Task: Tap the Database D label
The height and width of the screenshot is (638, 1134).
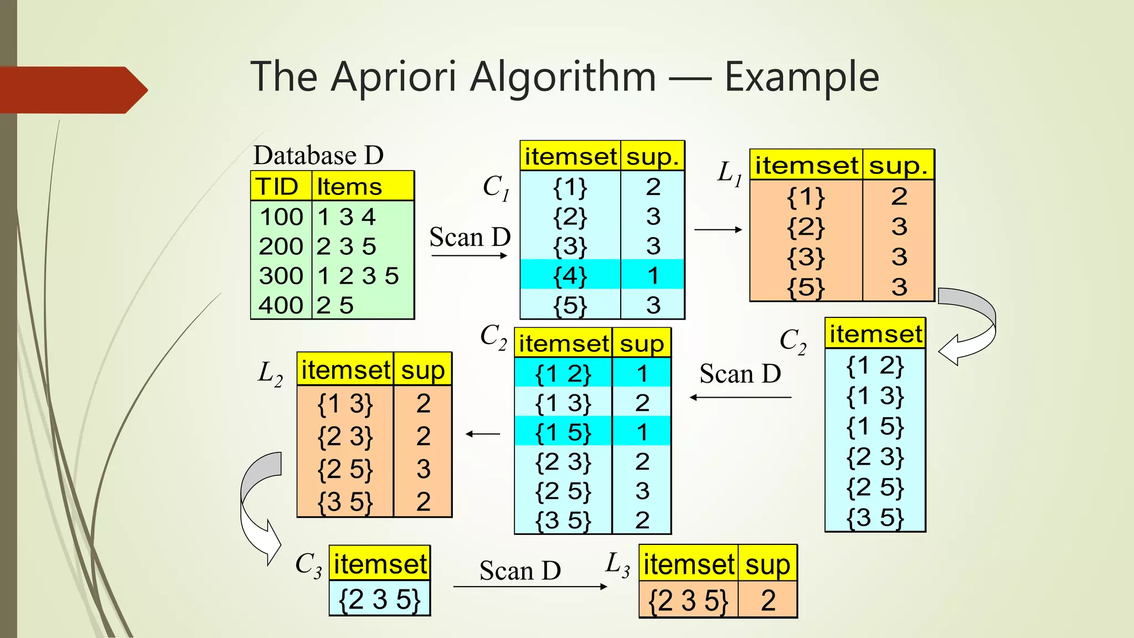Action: tap(318, 155)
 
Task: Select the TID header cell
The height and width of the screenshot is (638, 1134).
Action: tap(277, 187)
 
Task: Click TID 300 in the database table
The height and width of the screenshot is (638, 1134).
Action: tap(281, 276)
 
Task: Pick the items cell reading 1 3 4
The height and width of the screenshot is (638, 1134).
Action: tap(347, 217)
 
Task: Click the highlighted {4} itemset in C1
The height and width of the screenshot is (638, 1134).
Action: tap(570, 276)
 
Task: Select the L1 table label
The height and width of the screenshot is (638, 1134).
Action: tap(729, 173)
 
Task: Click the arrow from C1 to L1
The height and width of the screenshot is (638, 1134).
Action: tap(718, 229)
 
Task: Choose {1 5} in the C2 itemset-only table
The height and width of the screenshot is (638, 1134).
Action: tap(875, 426)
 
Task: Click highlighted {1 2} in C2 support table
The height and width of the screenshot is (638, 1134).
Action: tap(563, 374)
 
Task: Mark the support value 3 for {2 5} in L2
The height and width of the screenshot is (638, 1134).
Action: tap(423, 469)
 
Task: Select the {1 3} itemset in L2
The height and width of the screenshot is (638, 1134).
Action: tap(345, 404)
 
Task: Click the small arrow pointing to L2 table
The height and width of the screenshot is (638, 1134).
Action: tap(483, 434)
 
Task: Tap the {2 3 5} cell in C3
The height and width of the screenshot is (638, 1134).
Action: tap(380, 599)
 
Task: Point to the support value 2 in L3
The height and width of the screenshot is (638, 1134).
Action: tap(767, 600)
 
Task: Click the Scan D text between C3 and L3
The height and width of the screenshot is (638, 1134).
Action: tap(520, 570)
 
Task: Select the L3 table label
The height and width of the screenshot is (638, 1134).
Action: tap(618, 564)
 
